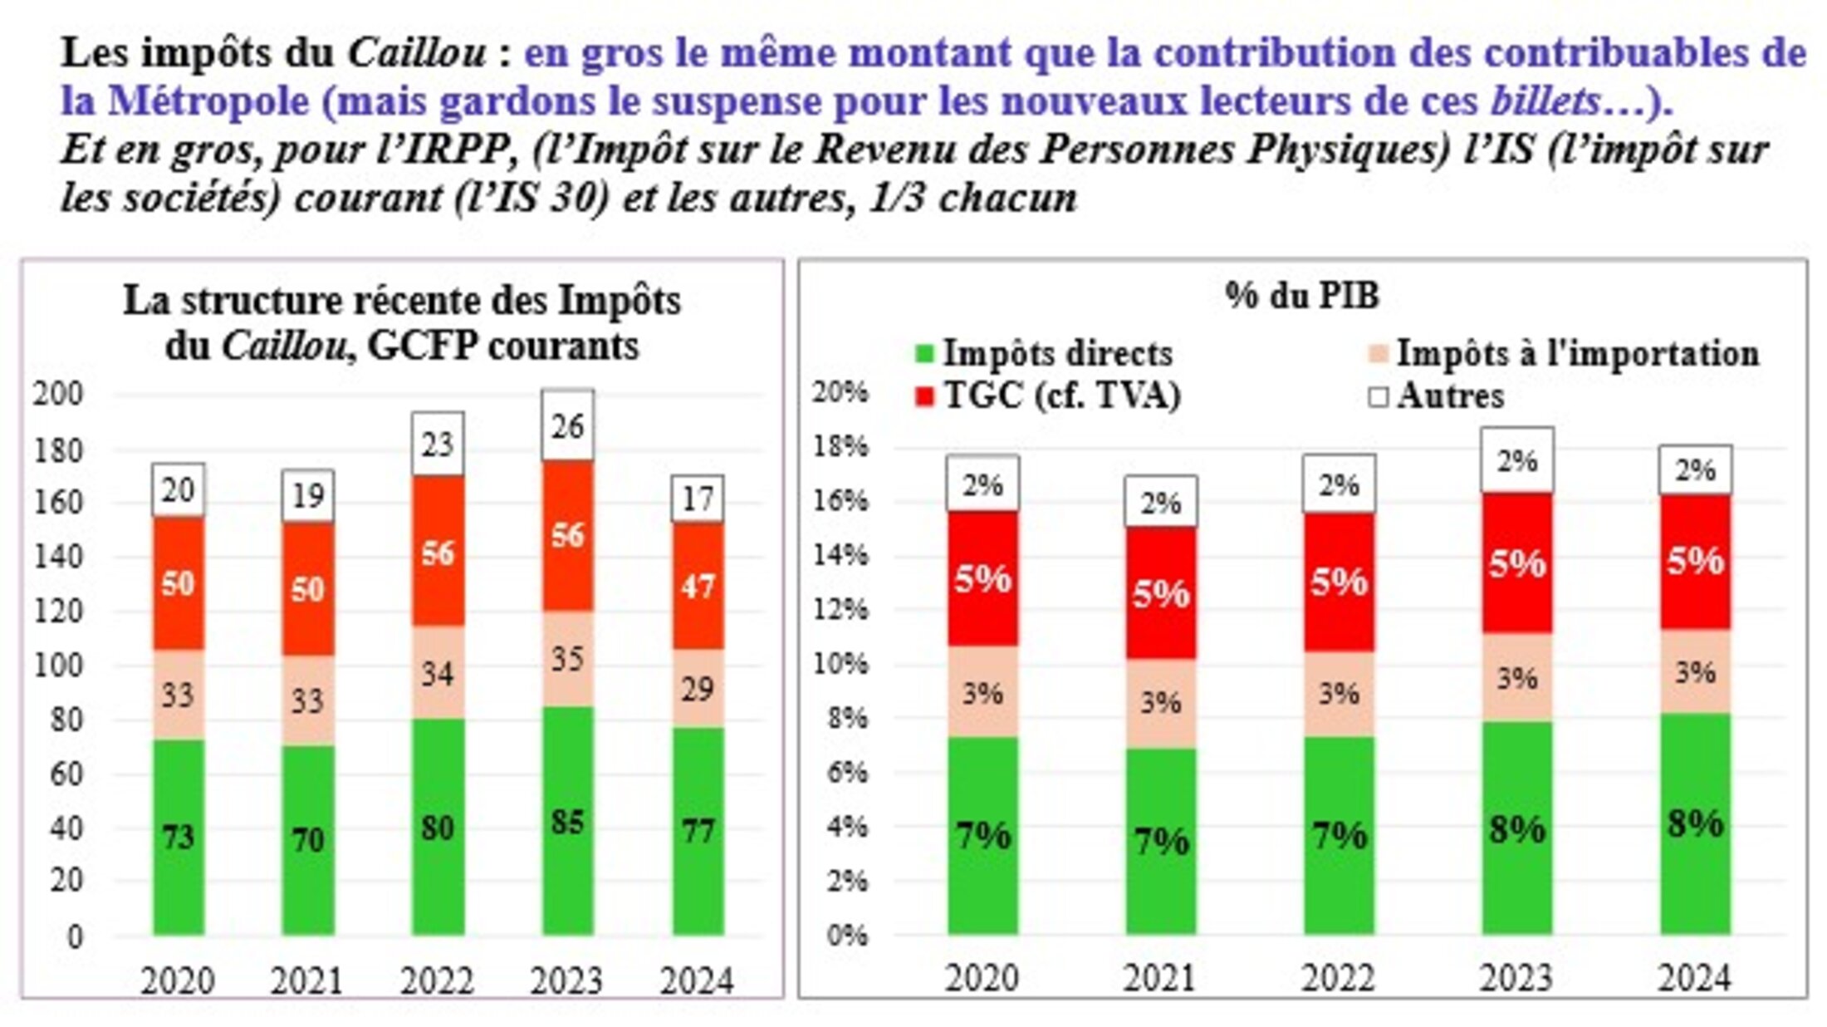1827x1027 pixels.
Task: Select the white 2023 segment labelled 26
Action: tap(568, 425)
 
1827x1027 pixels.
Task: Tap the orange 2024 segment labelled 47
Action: tap(698, 586)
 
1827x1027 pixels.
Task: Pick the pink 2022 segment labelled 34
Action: tap(438, 672)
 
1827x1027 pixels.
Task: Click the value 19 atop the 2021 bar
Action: tap(308, 496)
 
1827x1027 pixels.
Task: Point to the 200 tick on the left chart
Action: tap(58, 394)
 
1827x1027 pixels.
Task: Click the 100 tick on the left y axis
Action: tap(58, 666)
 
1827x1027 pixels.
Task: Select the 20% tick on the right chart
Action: tap(840, 391)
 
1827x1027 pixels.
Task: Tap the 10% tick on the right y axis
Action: tap(840, 663)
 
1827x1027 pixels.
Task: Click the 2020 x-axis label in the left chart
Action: tap(178, 980)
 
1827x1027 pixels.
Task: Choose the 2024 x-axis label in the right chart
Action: tap(1695, 978)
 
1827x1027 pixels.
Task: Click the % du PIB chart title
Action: tap(1302, 296)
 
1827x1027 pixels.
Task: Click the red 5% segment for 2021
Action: tap(1161, 593)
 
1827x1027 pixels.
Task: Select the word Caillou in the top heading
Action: tap(417, 53)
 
